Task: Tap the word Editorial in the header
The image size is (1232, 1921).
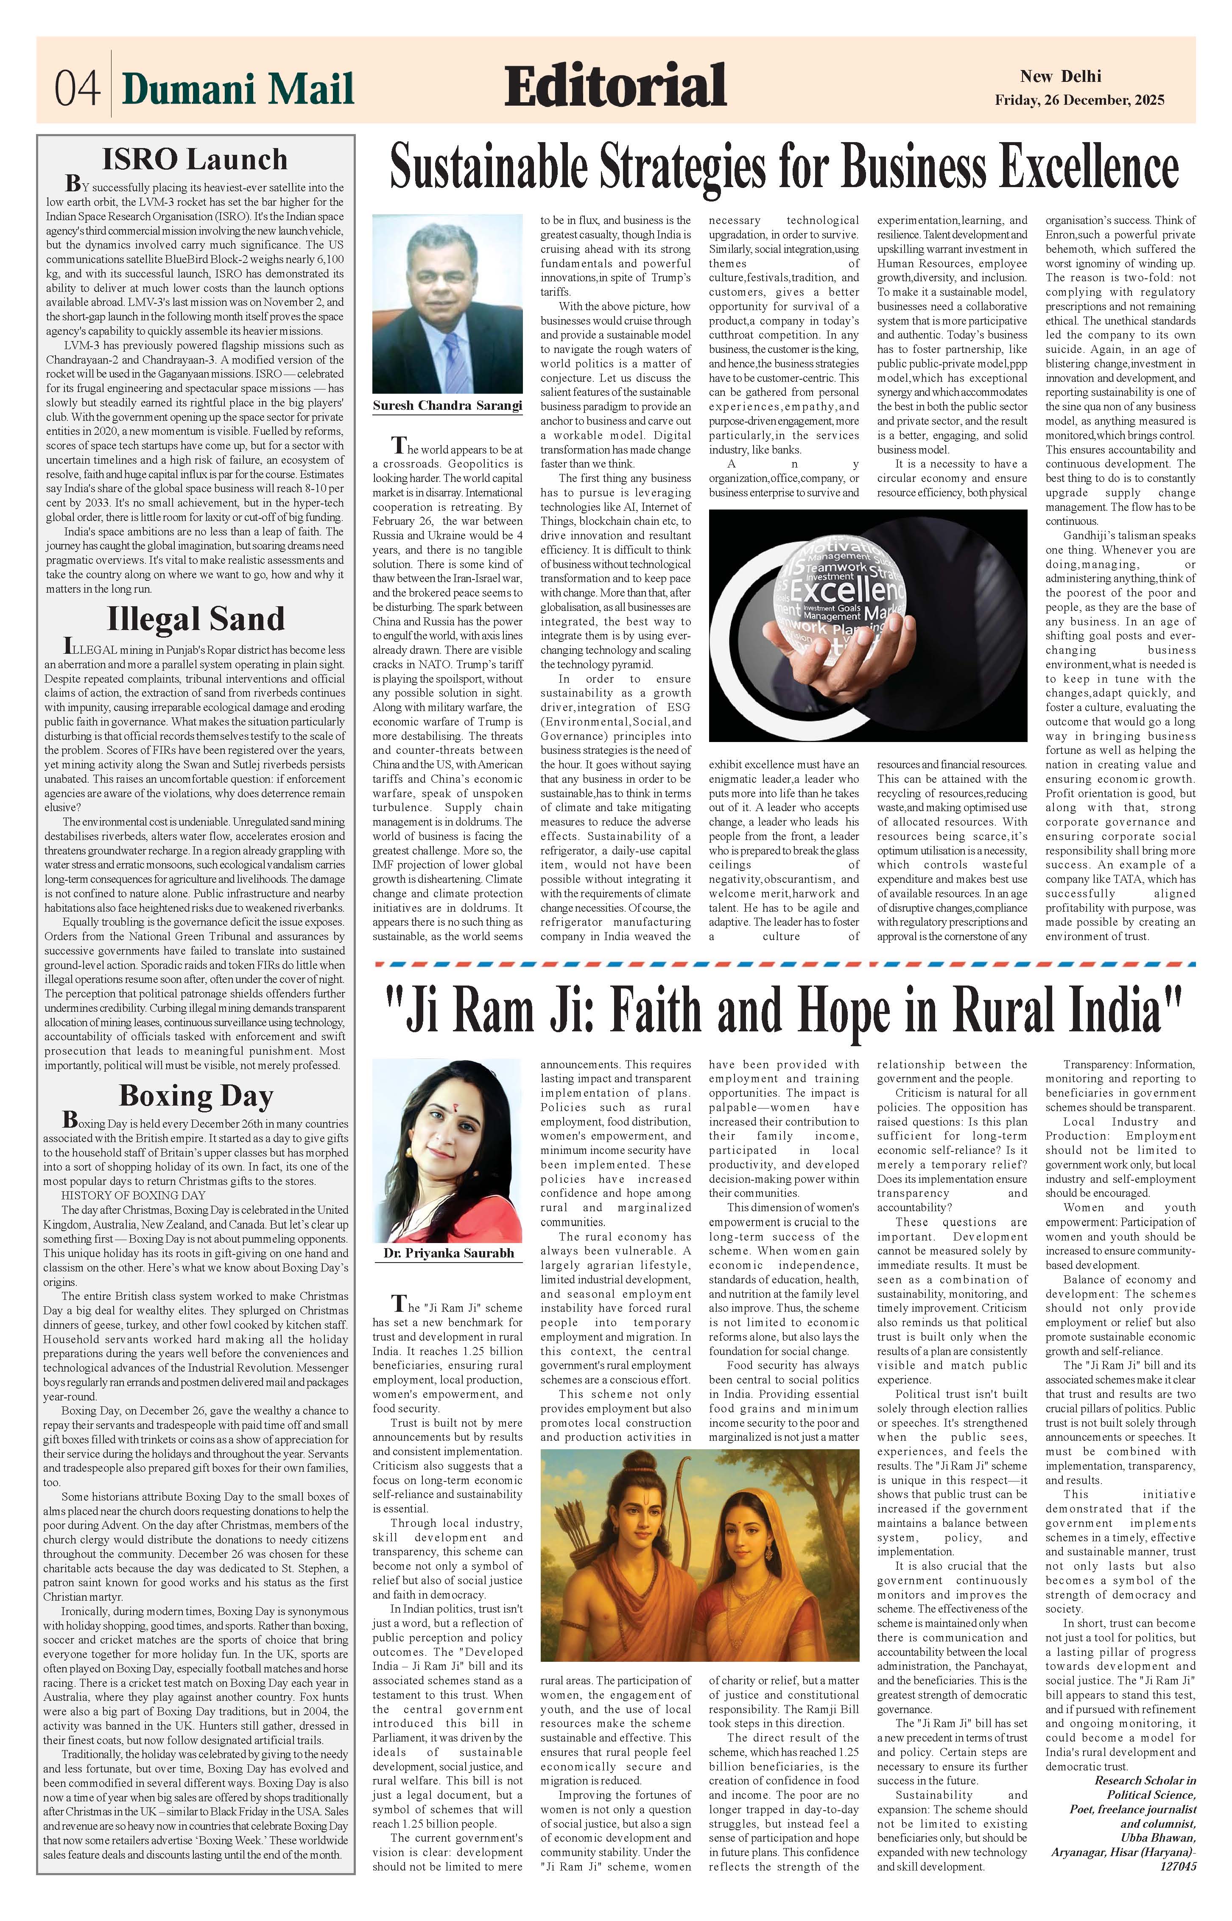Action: (x=615, y=86)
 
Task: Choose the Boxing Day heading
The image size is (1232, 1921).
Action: (x=196, y=1095)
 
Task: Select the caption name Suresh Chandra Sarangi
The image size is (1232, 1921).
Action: (x=447, y=406)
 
